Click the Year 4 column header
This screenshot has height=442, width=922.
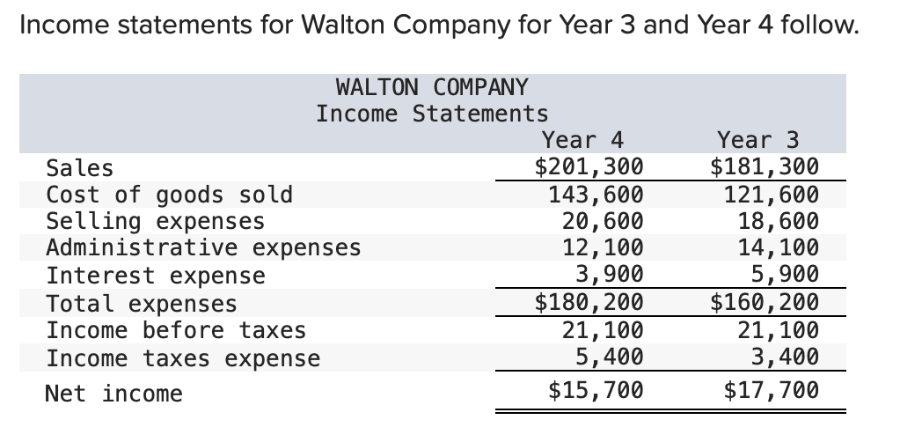(582, 140)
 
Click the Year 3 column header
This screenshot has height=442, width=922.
(758, 140)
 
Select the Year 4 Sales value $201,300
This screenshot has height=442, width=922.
(589, 166)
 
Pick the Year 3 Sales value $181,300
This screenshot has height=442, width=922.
(765, 166)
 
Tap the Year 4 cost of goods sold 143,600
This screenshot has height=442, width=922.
(596, 194)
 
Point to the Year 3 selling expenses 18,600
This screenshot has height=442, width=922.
(778, 221)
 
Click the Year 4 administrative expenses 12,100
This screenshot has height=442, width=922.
(603, 248)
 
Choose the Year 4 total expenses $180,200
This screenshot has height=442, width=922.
(589, 303)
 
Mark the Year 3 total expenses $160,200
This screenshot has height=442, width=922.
(765, 303)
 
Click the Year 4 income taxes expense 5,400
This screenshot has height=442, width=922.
(609, 357)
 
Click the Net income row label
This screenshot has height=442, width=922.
(114, 394)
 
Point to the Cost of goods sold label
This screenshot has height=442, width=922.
(169, 194)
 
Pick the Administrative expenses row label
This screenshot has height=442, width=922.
(203, 248)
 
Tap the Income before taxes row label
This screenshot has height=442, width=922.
(176, 330)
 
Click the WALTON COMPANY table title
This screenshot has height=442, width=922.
(432, 87)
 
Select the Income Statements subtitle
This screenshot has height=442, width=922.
(432, 114)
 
